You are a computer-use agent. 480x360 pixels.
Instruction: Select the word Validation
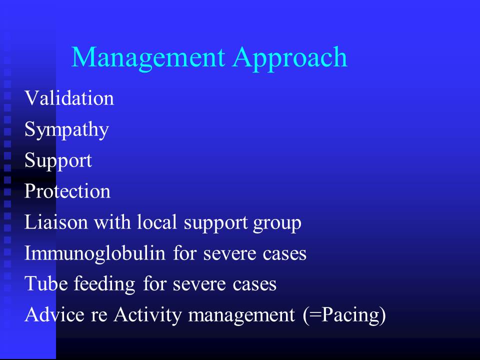(x=69, y=98)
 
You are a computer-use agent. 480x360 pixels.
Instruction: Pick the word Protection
(x=67, y=191)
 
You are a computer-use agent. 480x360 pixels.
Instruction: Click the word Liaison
(x=56, y=222)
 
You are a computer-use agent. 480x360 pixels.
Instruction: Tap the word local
(x=157, y=222)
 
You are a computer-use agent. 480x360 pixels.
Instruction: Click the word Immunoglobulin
(x=95, y=254)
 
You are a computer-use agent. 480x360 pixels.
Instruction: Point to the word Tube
(x=46, y=283)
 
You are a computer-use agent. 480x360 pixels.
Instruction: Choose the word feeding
(x=104, y=284)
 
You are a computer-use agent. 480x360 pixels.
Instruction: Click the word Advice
(x=54, y=314)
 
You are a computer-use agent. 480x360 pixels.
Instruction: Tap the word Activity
(x=147, y=315)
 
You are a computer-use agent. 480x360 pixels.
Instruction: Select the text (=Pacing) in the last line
(x=344, y=315)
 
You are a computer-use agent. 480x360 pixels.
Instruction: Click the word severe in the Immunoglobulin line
(x=229, y=254)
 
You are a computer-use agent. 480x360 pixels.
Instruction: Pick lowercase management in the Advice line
(x=241, y=316)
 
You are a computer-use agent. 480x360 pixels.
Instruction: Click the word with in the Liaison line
(x=112, y=222)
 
